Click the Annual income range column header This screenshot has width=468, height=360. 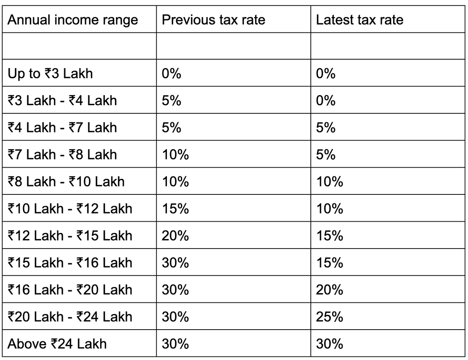(x=73, y=20)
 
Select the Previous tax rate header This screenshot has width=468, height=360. (x=213, y=20)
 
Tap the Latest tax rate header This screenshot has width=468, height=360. (x=360, y=20)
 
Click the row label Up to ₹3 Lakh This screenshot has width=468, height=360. (x=50, y=74)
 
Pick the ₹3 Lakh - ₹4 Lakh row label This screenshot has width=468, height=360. (x=62, y=101)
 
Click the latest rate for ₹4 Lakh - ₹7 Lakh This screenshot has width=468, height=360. (x=326, y=128)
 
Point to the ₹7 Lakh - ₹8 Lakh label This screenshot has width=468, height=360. (x=62, y=155)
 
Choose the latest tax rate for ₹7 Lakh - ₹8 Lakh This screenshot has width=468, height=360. (x=326, y=155)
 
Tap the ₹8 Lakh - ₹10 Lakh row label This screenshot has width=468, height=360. (x=66, y=182)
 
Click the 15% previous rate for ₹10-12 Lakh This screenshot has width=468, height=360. (x=175, y=209)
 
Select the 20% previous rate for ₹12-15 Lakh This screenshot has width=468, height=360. (x=175, y=236)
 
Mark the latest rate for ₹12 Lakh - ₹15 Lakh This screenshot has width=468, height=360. (x=330, y=236)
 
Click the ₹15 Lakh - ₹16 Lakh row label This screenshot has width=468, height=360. (x=70, y=263)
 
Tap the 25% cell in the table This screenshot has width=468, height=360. (x=330, y=317)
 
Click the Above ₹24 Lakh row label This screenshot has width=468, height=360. (x=57, y=344)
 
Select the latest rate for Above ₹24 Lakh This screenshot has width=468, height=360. (x=330, y=344)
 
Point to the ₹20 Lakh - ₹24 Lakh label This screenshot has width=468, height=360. (x=70, y=317)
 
